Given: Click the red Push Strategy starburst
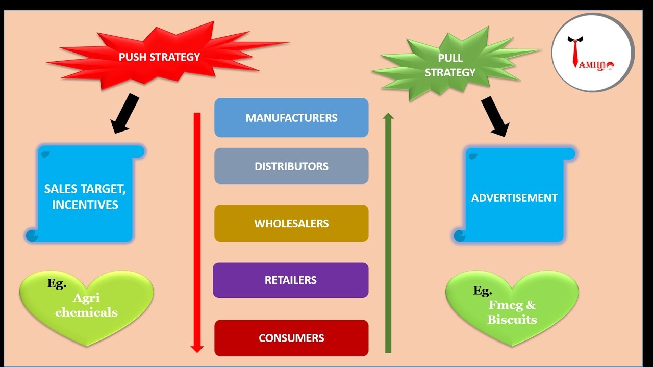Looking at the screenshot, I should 159,57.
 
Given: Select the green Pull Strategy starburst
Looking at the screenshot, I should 450,66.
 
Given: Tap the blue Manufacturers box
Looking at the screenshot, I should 291,118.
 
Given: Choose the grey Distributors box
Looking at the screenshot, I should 291,166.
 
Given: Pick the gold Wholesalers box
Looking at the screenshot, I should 291,223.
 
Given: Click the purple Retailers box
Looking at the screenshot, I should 291,280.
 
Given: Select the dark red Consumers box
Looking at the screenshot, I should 291,338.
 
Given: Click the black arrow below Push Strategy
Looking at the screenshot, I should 125,113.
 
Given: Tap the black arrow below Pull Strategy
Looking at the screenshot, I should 495,116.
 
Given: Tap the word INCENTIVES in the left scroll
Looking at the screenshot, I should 85,205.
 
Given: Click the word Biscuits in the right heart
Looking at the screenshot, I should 512,320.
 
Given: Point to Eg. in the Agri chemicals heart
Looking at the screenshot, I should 57,284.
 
